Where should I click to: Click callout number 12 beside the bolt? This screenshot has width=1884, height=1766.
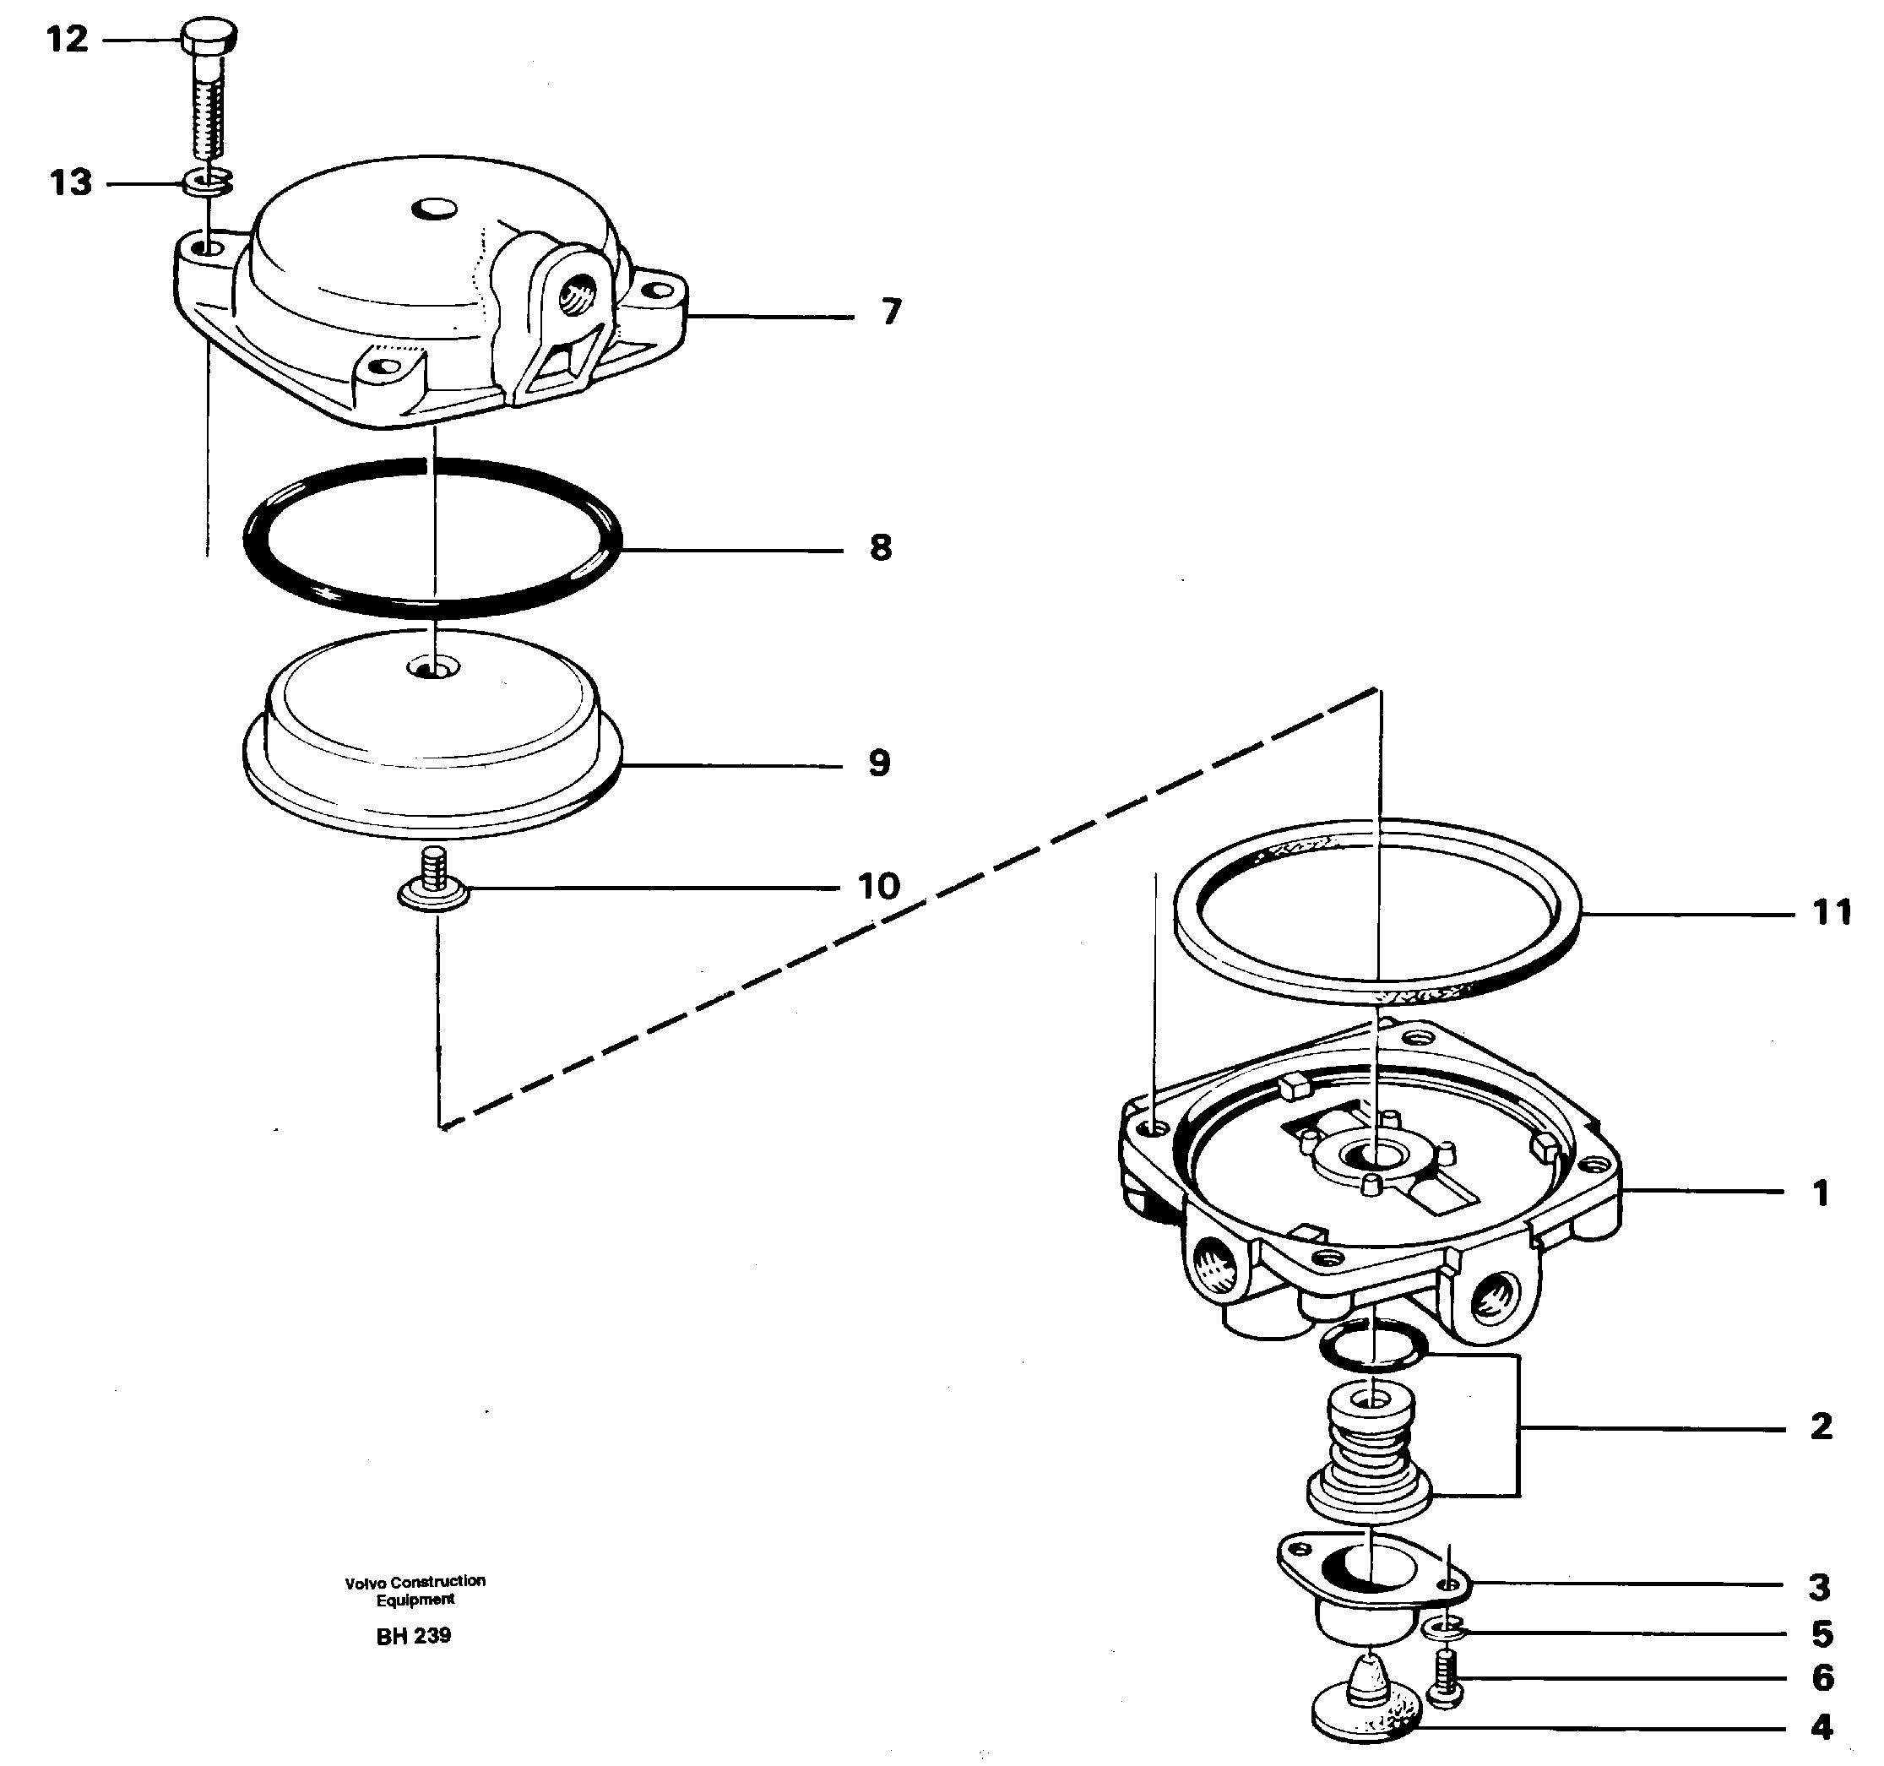click(x=68, y=40)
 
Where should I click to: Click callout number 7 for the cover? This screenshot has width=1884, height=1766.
click(x=890, y=312)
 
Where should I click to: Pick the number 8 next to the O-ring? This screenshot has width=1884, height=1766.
click(x=881, y=548)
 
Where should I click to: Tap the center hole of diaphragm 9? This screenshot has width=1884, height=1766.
click(x=432, y=669)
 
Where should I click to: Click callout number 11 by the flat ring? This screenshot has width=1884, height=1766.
click(x=1831, y=913)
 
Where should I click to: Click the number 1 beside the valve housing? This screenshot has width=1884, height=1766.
click(x=1820, y=1193)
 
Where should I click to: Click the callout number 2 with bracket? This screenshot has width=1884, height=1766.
click(x=1821, y=1427)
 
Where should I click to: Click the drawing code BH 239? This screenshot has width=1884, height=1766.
click(x=413, y=1636)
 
